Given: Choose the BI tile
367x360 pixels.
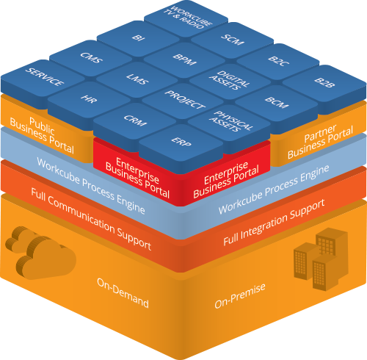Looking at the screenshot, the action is pyautogui.click(x=139, y=39).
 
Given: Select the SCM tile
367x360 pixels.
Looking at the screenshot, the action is pyautogui.click(x=232, y=40).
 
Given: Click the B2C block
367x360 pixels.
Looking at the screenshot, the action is pyautogui.click(x=278, y=62).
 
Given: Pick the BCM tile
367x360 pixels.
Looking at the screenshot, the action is pyautogui.click(x=277, y=104).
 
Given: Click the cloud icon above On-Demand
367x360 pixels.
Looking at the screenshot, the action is pyautogui.click(x=40, y=253).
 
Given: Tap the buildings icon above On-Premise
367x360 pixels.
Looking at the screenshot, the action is pyautogui.click(x=321, y=259).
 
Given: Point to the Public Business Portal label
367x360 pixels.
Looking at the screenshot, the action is pyautogui.click(x=42, y=135).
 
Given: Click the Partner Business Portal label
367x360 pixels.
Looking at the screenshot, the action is pyautogui.click(x=320, y=142).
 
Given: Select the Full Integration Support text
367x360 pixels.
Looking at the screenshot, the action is pyautogui.click(x=275, y=222).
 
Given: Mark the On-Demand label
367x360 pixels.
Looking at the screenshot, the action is pyautogui.click(x=123, y=292).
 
